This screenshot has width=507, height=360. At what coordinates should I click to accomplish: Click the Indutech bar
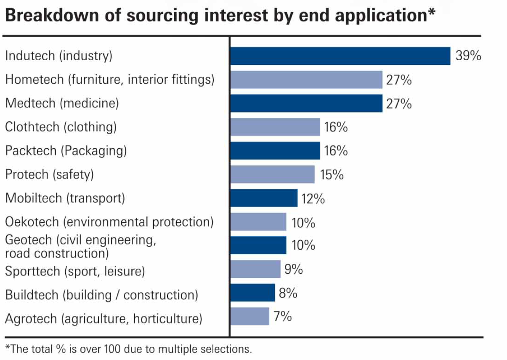[340, 56]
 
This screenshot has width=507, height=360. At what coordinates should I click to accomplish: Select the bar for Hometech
[306, 80]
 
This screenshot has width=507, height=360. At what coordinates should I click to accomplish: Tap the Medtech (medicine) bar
[306, 104]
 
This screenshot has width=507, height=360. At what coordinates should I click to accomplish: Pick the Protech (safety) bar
[272, 174]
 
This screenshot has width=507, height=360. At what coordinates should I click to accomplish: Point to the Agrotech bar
[250, 316]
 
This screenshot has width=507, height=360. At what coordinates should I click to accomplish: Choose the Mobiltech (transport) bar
[264, 198]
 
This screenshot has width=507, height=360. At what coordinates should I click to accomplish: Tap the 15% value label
[332, 175]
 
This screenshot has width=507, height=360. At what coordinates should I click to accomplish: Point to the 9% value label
[294, 269]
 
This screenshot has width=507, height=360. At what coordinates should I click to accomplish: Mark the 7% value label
[283, 316]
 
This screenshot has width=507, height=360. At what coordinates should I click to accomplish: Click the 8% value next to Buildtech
[288, 293]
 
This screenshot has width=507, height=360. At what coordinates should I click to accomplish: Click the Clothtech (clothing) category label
[61, 127]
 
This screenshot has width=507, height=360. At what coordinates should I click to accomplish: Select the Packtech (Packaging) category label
[66, 151]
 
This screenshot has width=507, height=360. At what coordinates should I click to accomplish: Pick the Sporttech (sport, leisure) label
[75, 271]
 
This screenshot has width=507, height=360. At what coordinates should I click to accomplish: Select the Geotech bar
[258, 245]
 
